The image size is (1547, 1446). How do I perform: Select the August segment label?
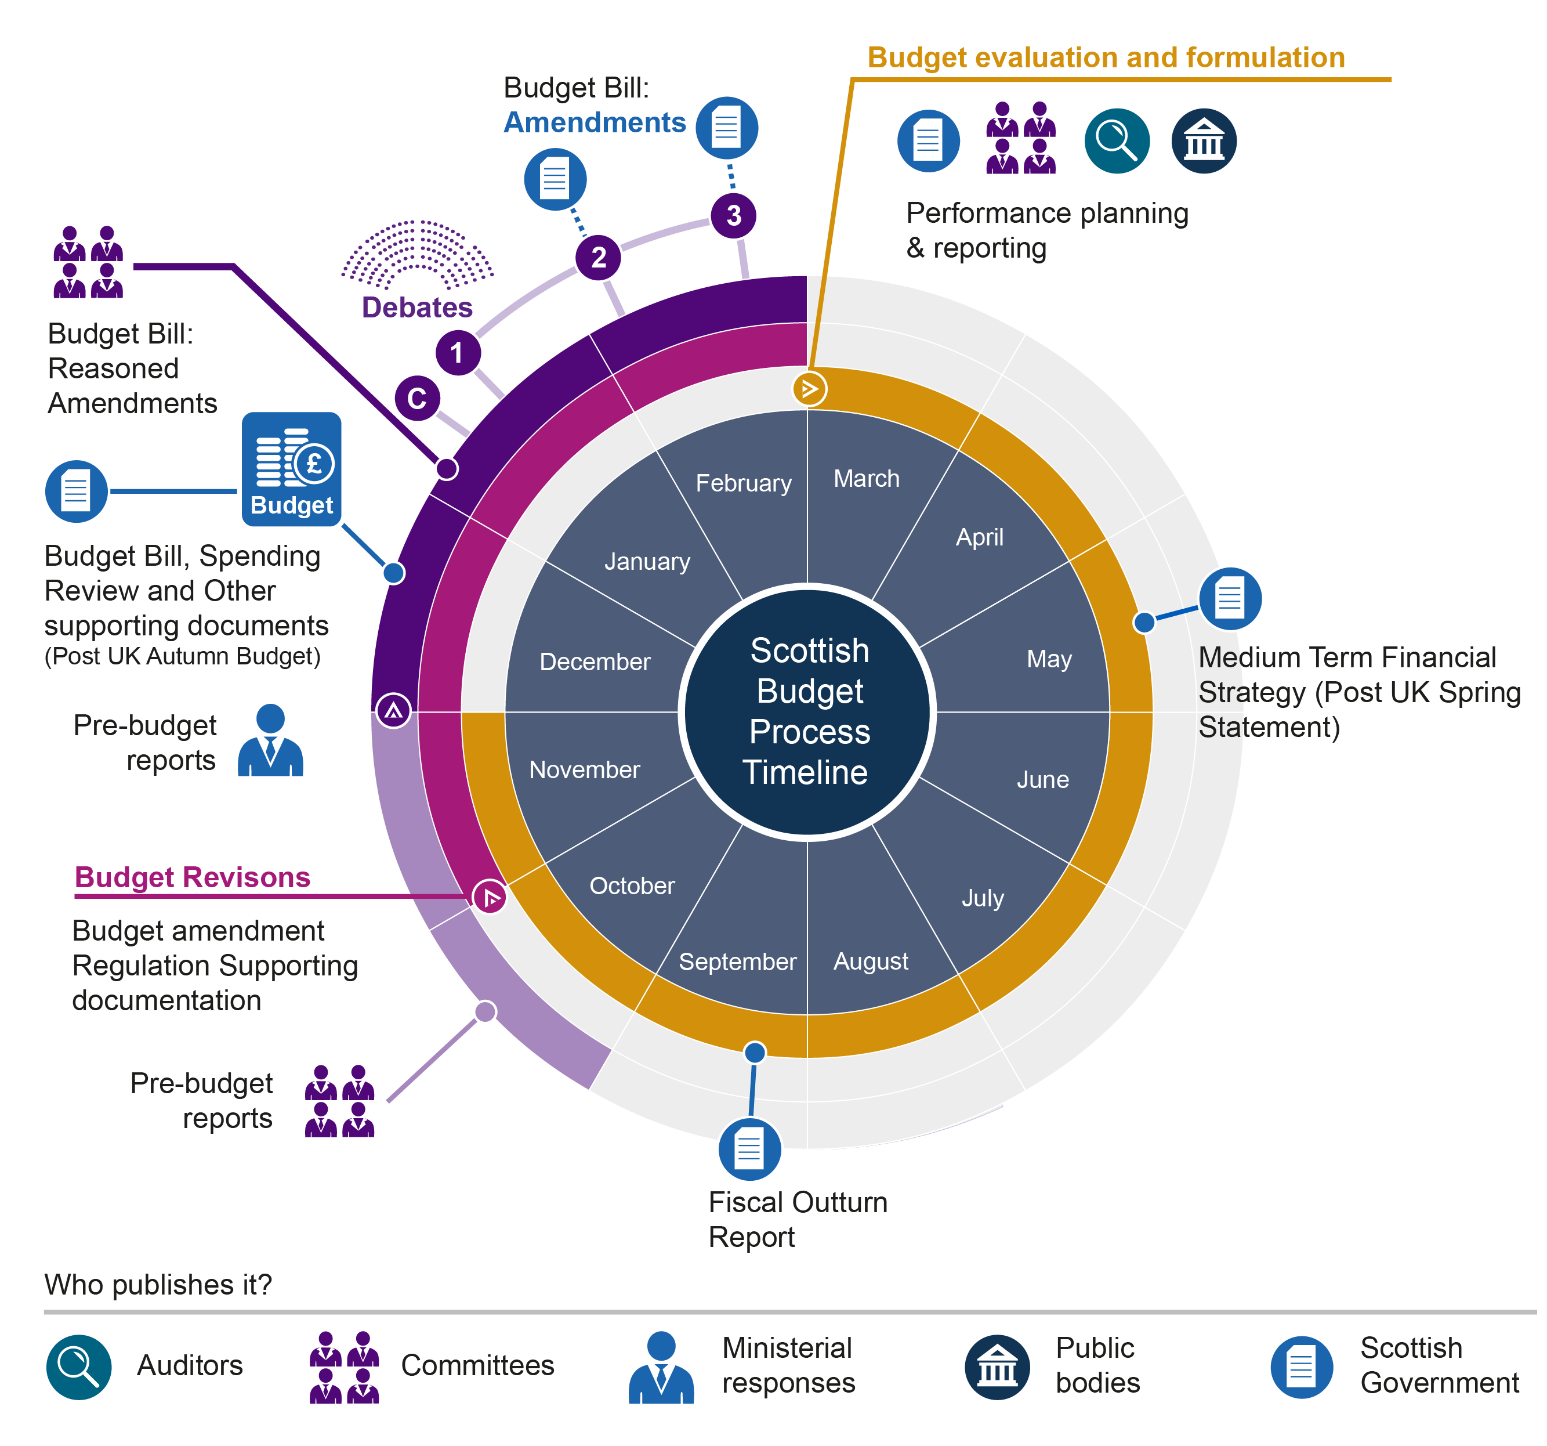click(x=870, y=961)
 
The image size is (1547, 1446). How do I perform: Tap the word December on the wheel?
click(x=595, y=661)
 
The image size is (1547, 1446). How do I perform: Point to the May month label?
click(x=1048, y=659)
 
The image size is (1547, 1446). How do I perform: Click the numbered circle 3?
click(x=733, y=216)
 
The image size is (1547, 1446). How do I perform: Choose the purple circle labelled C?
click(x=417, y=399)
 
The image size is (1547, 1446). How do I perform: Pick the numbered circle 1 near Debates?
click(x=458, y=353)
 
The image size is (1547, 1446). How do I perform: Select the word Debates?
click(x=417, y=308)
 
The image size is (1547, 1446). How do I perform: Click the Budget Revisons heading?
click(x=192, y=877)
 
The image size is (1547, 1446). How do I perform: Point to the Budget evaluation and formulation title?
click(x=1106, y=57)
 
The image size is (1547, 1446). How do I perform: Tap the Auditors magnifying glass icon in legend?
click(x=78, y=1367)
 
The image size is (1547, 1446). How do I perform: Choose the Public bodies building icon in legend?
click(x=997, y=1367)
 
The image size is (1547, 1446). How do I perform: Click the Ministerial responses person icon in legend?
click(x=661, y=1367)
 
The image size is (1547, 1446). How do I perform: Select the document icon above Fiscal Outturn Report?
click(x=749, y=1149)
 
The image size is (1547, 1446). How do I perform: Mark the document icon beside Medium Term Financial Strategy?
click(x=1230, y=598)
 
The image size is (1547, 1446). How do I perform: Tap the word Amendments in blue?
click(x=595, y=123)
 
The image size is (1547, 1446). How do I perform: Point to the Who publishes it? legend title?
click(x=158, y=1284)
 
